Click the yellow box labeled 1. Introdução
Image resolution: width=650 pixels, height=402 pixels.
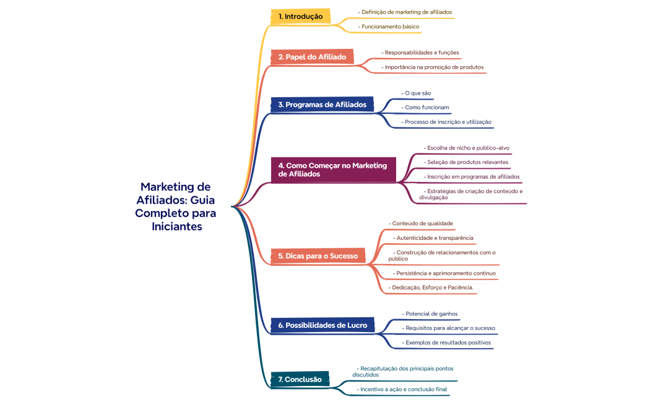click(300, 16)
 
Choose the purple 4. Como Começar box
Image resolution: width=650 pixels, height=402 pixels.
click(333, 169)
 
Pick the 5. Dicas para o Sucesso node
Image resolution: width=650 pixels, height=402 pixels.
click(318, 255)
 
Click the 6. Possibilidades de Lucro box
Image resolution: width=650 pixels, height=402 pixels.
click(323, 325)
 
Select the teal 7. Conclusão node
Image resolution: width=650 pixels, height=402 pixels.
click(300, 379)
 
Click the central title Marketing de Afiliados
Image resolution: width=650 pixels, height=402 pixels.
click(175, 207)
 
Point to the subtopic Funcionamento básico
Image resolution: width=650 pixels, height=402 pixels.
click(390, 27)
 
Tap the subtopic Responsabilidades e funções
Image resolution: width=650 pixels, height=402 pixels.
click(421, 53)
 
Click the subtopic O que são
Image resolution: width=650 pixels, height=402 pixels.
click(417, 93)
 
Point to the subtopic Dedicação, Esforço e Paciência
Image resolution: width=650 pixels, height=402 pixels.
click(432, 287)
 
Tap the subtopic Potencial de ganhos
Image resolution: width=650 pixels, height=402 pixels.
click(431, 314)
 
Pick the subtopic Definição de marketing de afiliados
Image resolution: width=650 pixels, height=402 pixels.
click(406, 12)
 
